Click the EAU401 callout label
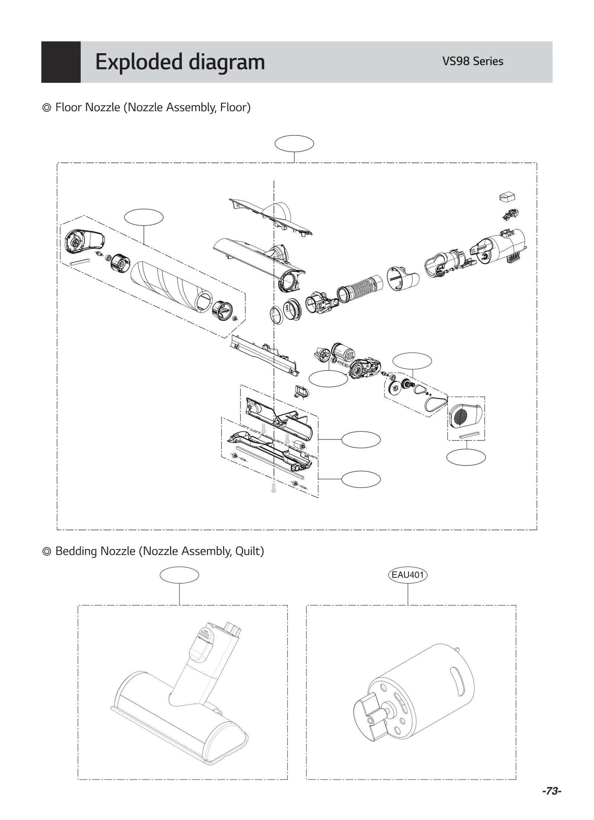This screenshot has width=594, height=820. point(407,574)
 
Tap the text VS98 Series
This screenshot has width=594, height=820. point(472,61)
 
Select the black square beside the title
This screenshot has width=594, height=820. point(61,62)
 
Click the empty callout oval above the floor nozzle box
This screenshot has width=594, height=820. point(294,144)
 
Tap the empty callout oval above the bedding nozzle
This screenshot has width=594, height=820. point(179,575)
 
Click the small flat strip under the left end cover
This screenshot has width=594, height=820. point(80,261)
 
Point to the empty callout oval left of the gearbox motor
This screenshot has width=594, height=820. point(328,379)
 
